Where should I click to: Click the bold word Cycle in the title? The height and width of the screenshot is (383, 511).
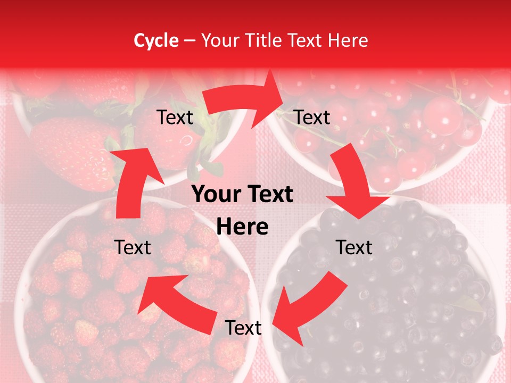coord(156,40)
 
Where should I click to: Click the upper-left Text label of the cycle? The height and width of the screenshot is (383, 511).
coord(175,117)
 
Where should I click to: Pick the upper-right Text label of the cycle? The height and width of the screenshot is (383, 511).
coord(312,117)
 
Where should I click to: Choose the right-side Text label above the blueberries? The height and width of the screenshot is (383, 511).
coord(354,247)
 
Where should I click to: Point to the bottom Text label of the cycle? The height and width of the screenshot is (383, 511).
coord(243,328)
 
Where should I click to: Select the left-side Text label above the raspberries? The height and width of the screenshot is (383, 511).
coord(133,247)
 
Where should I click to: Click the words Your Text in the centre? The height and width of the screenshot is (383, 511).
coord(242,195)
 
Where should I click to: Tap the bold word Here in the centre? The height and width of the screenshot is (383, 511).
coord(242,227)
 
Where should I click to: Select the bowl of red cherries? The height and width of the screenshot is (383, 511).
coord(405,133)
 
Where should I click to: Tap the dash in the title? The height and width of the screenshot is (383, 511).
coord(189,40)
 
